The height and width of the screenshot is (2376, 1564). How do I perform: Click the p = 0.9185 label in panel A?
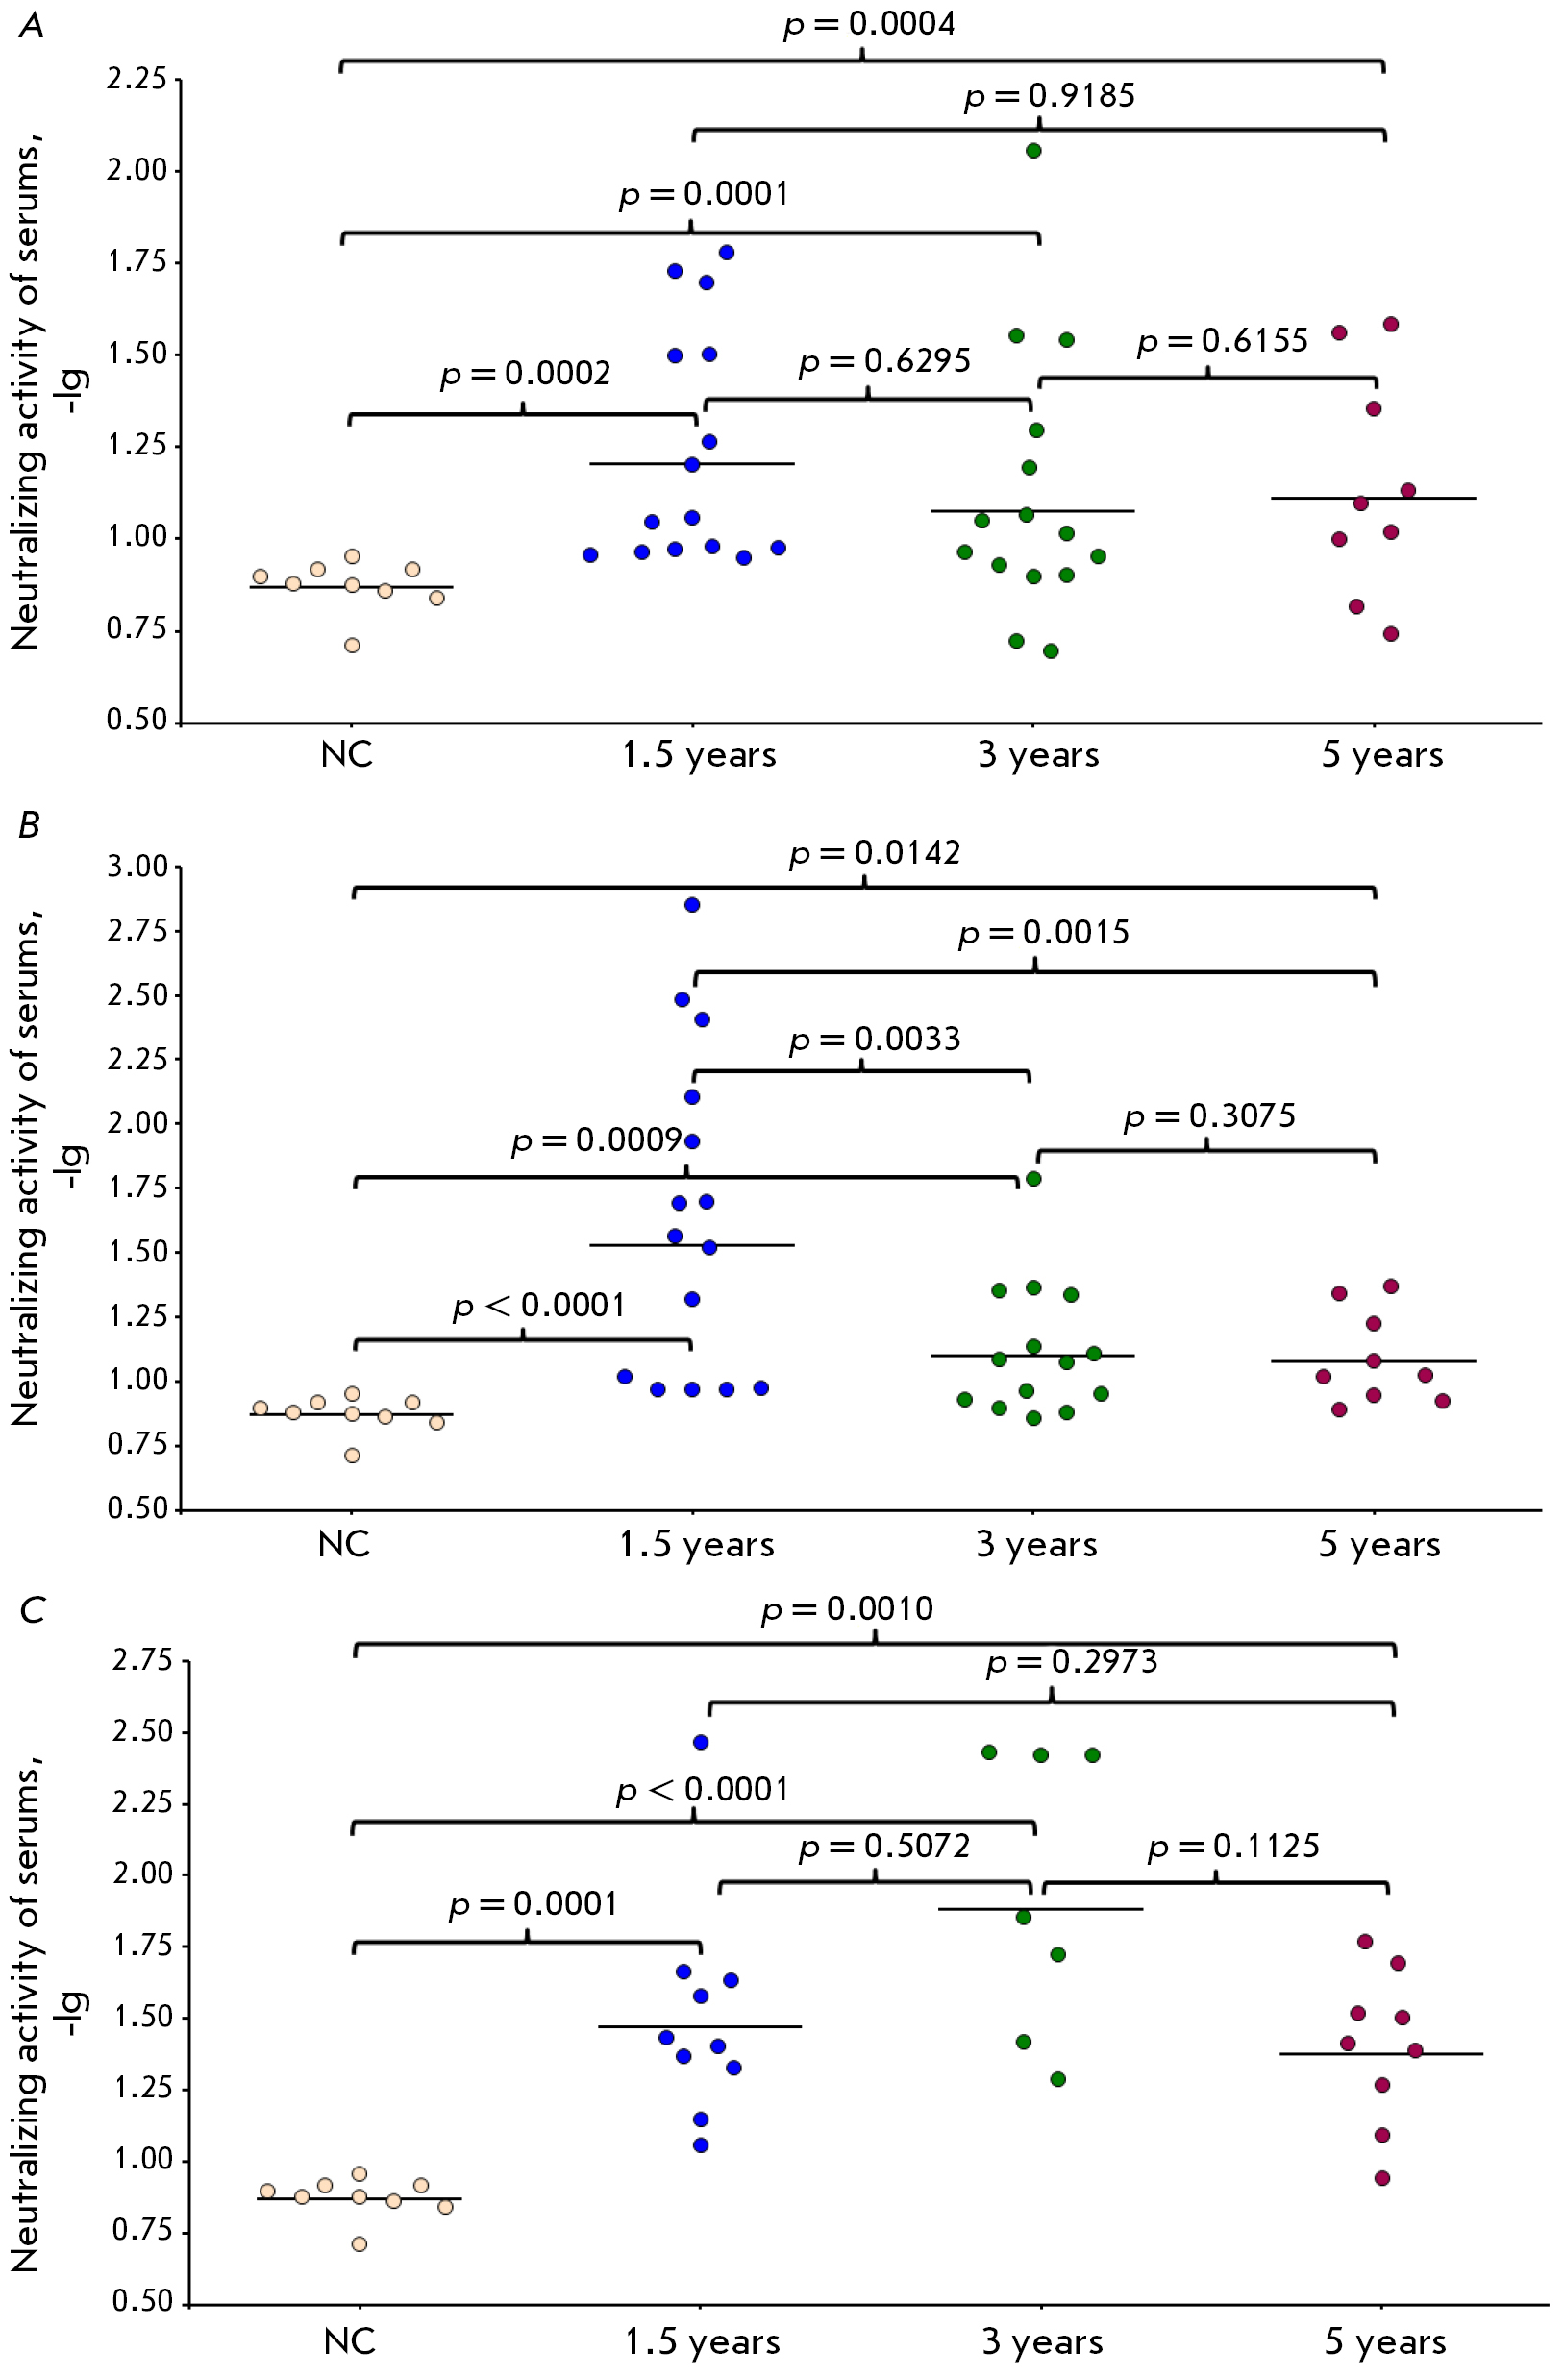pos(1049,96)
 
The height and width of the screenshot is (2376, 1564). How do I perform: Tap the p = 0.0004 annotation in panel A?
pos(869,24)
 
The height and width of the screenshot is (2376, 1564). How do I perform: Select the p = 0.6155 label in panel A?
pos(1223,341)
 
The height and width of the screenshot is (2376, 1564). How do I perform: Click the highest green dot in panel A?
pos(1034,151)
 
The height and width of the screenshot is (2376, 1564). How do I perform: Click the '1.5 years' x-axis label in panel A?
pos(698,756)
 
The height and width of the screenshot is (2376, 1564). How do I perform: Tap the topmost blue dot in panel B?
pos(692,905)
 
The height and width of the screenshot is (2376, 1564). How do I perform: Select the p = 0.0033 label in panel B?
pos(875,1040)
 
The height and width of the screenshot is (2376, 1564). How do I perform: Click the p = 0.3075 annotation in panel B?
pos(1209,1116)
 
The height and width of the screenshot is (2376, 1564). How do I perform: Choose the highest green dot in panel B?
pos(1034,1179)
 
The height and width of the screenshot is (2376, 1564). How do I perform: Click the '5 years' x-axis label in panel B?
pos(1379,1544)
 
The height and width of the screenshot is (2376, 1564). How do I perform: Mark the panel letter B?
pos(29,824)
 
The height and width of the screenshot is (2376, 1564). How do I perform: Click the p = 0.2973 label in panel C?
pos(1072,1662)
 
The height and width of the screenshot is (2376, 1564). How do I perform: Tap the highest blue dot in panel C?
pos(701,1742)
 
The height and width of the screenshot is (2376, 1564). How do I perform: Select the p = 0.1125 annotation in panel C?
pos(1233,1846)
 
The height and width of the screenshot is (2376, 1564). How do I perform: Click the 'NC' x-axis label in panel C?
pos(350,2341)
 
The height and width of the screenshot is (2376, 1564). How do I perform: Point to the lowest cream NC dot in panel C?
pos(360,2244)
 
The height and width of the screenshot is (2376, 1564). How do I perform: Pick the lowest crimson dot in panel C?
pos(1382,2177)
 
